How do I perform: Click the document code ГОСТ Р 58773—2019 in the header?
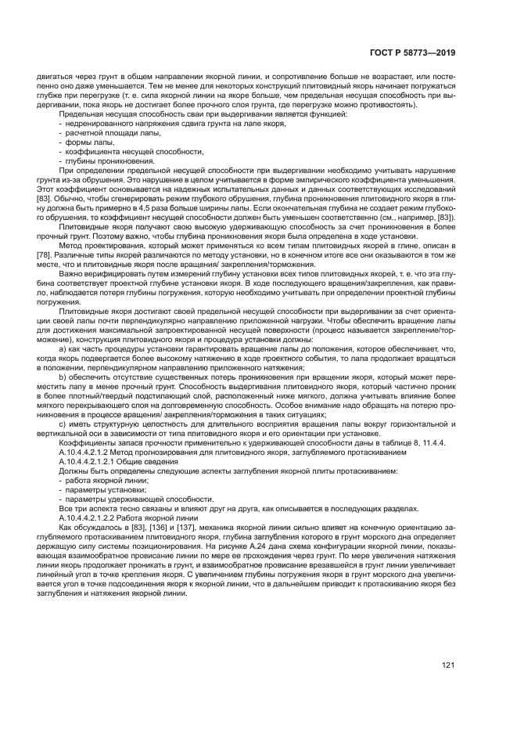tap(414, 53)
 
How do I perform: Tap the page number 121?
tap(448, 665)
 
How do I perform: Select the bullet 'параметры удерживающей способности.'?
tap(128, 499)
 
